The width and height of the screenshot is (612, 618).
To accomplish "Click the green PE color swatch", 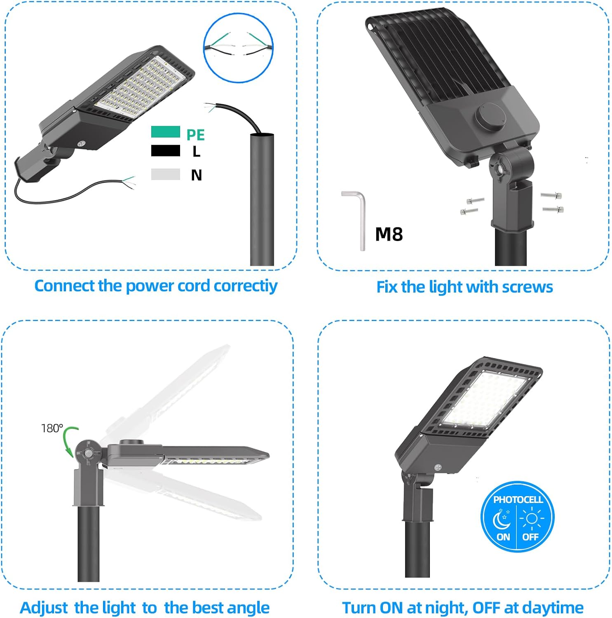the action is pyautogui.click(x=165, y=132).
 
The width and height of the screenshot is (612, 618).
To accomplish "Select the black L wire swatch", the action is pyautogui.click(x=165, y=151).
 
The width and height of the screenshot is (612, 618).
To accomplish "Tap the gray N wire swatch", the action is pyautogui.click(x=165, y=174).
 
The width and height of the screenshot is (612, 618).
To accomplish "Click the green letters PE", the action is pyautogui.click(x=195, y=135).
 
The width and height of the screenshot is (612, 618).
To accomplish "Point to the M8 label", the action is pyautogui.click(x=389, y=234).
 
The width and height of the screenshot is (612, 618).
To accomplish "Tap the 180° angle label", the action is pyautogui.click(x=52, y=428).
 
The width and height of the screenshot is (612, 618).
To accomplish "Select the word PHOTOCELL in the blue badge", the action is pyautogui.click(x=518, y=499).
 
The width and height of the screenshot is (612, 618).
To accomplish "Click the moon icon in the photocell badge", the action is pyautogui.click(x=502, y=520).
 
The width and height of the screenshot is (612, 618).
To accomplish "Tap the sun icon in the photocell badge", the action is pyautogui.click(x=532, y=518).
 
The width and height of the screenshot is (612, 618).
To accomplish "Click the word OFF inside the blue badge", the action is pyautogui.click(x=530, y=537).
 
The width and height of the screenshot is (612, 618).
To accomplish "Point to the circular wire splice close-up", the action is pyautogui.click(x=239, y=47).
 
